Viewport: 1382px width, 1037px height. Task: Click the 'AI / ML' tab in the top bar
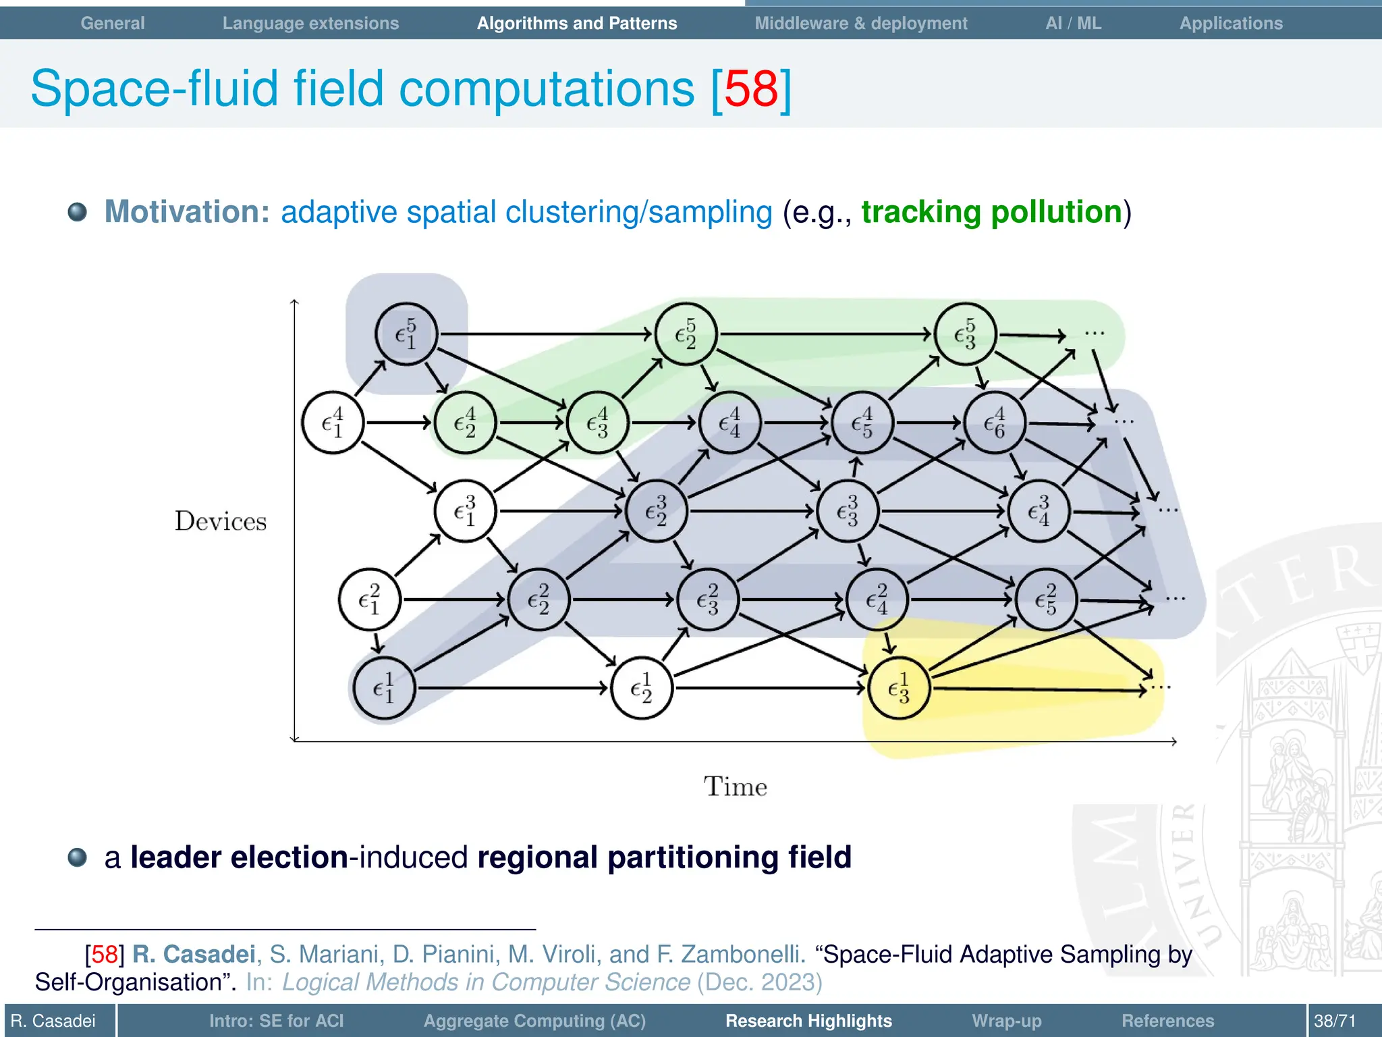pyautogui.click(x=1073, y=23)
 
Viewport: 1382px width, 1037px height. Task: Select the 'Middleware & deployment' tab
pyautogui.click(x=860, y=23)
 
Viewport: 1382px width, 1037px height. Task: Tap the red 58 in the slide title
pyautogui.click(x=751, y=88)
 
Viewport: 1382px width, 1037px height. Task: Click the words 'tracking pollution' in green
pyautogui.click(x=991, y=212)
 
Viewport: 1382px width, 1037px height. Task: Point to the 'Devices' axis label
pyautogui.click(x=221, y=521)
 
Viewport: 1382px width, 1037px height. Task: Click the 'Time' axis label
pyautogui.click(x=735, y=787)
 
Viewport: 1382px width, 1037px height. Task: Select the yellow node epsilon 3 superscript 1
pyautogui.click(x=898, y=688)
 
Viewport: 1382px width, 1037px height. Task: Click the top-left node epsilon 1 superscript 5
pyautogui.click(x=406, y=334)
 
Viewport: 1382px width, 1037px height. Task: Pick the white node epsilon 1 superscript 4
pyautogui.click(x=333, y=423)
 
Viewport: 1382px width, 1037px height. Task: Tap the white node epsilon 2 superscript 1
pyautogui.click(x=641, y=688)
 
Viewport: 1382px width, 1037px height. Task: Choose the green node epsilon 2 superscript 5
pyautogui.click(x=686, y=334)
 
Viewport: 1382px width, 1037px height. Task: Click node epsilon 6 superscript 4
pyautogui.click(x=995, y=423)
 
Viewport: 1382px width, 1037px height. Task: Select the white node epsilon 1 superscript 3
pyautogui.click(x=465, y=511)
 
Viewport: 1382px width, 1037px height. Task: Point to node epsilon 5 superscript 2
pyautogui.click(x=1046, y=600)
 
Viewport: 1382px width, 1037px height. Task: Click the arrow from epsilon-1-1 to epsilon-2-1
pyautogui.click(x=513, y=688)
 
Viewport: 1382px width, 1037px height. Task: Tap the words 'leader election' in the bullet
pyautogui.click(x=239, y=857)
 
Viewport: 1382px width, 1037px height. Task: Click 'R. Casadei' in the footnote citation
pyautogui.click(x=194, y=954)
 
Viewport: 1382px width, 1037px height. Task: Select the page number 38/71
pyautogui.click(x=1334, y=1021)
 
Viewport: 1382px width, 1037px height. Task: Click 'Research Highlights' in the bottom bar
pyautogui.click(x=808, y=1021)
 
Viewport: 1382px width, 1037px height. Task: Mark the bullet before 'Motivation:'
pyautogui.click(x=78, y=212)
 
